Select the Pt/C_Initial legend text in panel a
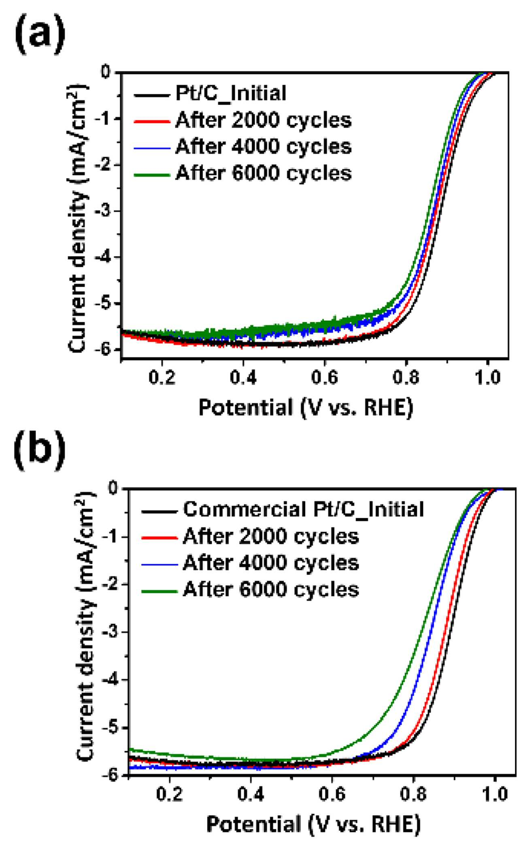tap(231, 94)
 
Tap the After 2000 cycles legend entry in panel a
tap(264, 120)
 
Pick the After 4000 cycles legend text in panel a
tap(264, 147)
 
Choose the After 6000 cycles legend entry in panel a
tap(264, 173)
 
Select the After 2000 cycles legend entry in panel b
tap(271, 536)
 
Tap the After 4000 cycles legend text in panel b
tap(271, 563)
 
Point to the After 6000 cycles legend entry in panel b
tap(271, 589)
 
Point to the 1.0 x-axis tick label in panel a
tap(487, 378)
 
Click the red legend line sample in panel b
tap(160, 537)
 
